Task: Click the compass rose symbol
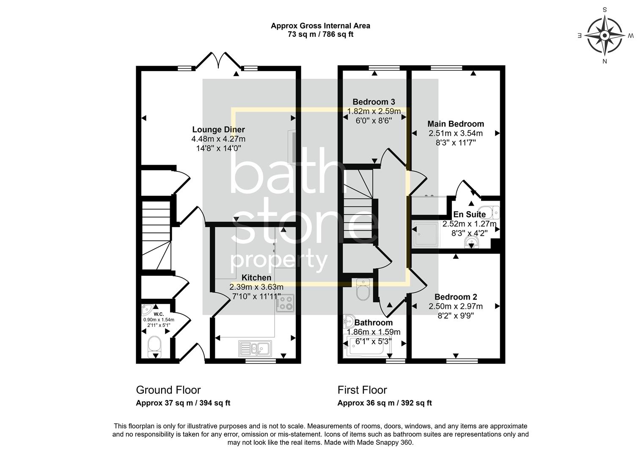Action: (x=605, y=36)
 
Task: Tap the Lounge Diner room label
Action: (x=218, y=130)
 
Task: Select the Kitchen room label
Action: (x=256, y=278)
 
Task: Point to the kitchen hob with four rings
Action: (x=285, y=303)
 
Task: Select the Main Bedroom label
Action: (x=455, y=124)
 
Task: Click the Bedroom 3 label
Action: (x=374, y=102)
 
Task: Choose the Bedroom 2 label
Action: (x=455, y=297)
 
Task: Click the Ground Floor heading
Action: (x=168, y=390)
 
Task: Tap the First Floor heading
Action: (x=362, y=390)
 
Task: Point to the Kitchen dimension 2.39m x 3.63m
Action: (x=256, y=287)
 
